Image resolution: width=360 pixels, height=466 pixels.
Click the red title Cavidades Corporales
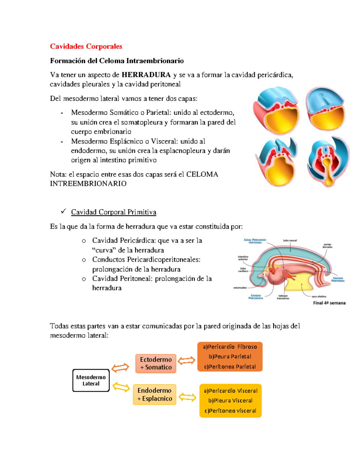point(86,46)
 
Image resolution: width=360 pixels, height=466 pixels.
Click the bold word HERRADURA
point(146,75)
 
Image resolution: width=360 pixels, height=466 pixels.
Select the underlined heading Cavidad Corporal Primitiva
point(113,212)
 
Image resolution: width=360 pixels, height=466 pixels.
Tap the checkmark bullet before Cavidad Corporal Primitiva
point(63,212)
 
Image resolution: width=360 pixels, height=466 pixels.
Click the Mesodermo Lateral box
point(91,380)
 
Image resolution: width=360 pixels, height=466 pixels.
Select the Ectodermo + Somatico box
point(156,363)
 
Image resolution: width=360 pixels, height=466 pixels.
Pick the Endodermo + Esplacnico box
point(154,395)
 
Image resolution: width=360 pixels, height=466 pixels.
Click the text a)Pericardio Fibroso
point(230,347)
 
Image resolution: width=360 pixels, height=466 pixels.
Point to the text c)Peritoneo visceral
point(230,411)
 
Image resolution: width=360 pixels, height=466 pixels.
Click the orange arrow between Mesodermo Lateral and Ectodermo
point(120,368)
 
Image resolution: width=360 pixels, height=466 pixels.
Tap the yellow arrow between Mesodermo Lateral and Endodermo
point(121,387)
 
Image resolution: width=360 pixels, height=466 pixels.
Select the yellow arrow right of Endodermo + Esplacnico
point(187,398)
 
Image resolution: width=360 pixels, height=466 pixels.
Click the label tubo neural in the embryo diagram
point(290,240)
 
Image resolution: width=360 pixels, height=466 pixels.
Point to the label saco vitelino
point(319,296)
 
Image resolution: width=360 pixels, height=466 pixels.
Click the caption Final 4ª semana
point(329,303)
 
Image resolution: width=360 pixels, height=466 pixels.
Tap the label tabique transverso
point(283,297)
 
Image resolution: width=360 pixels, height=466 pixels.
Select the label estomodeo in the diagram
point(240,288)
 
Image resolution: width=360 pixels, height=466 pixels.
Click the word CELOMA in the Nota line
point(202,174)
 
